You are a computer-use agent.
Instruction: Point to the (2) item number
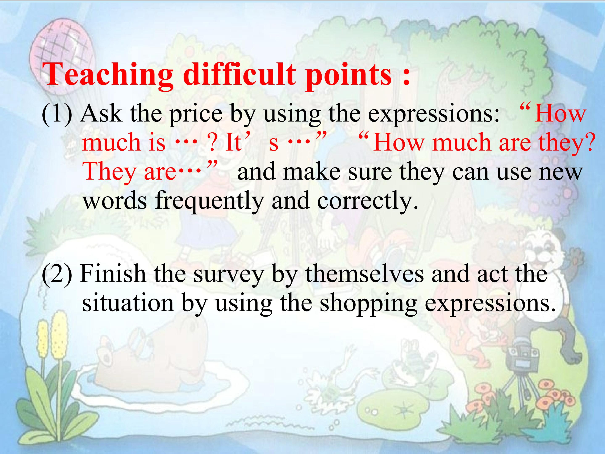click(57, 274)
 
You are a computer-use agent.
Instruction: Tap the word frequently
click(208, 201)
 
